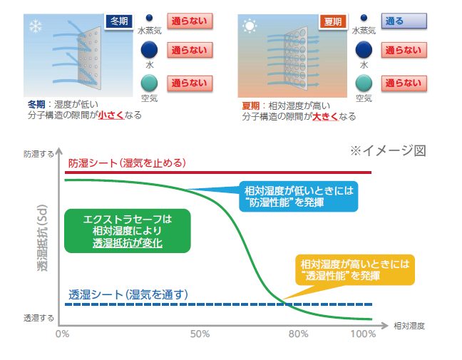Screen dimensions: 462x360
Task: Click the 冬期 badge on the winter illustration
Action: point(119,21)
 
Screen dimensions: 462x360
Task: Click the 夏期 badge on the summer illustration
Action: point(333,21)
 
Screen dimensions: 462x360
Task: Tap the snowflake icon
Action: point(36,26)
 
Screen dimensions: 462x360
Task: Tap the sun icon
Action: point(250,26)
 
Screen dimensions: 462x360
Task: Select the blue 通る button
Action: point(404,21)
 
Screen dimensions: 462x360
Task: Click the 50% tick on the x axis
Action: point(200,334)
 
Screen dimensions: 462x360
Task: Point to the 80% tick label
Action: point(299,334)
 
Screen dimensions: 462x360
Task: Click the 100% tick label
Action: point(363,334)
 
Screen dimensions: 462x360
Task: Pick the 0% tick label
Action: point(63,334)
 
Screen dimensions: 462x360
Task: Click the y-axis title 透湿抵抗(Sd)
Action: point(42,237)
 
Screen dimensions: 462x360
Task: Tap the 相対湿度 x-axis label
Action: point(409,326)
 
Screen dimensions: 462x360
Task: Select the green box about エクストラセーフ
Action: point(128,231)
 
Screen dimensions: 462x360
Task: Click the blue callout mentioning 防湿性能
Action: point(299,197)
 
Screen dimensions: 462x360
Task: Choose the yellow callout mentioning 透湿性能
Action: point(355,270)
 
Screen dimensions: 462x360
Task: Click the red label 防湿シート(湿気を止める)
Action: point(127,163)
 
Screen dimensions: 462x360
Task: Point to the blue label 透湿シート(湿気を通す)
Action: point(128,294)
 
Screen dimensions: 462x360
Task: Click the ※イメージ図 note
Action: point(388,150)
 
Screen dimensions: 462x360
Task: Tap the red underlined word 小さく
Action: point(111,115)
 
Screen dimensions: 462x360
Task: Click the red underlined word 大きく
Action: point(325,116)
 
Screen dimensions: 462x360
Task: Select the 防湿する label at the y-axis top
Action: point(38,154)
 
